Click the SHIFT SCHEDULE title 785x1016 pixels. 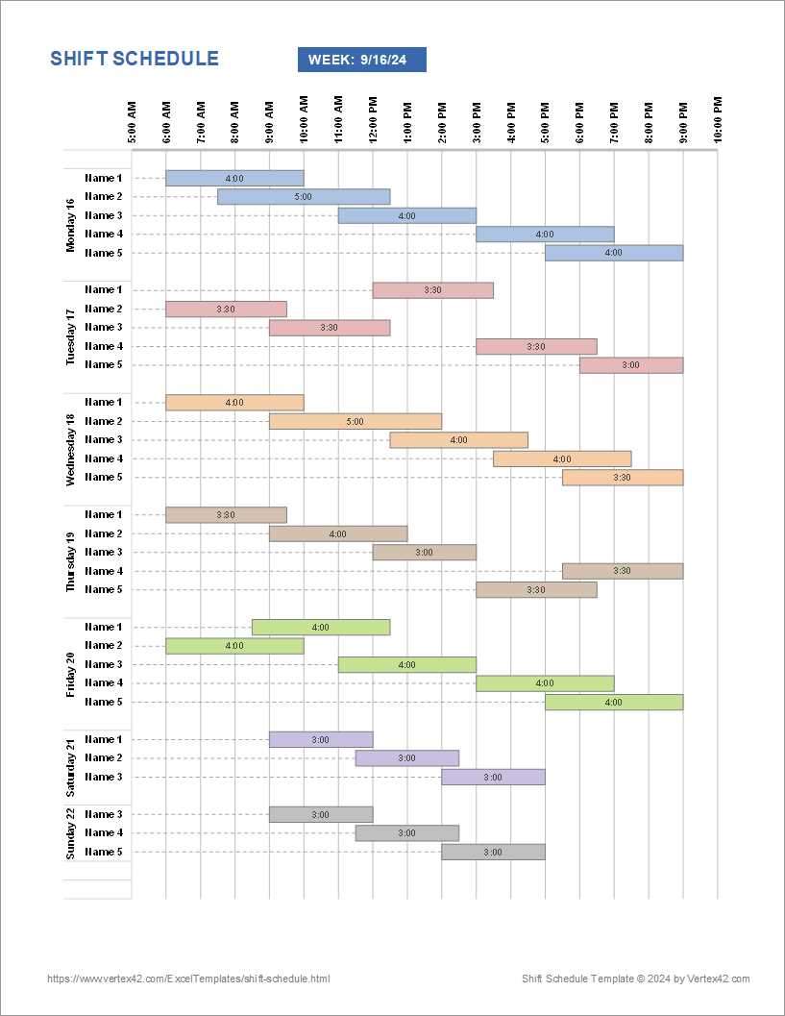coord(135,59)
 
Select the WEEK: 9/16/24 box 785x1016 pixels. coord(362,60)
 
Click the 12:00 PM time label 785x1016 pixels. coord(373,120)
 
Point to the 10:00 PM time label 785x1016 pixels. coord(718,120)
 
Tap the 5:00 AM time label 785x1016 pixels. coord(132,122)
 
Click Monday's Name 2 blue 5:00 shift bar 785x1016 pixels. coord(304,197)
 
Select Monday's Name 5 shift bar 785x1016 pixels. coord(614,253)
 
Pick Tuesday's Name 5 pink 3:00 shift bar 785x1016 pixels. coord(631,365)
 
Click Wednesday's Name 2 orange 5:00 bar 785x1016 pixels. coord(356,421)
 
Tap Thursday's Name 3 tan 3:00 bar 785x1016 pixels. coord(425,553)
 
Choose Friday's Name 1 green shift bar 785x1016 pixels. coord(321,628)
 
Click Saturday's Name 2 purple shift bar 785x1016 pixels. coord(407,758)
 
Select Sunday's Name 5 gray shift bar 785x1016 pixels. coord(493,853)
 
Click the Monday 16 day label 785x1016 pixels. coord(70,225)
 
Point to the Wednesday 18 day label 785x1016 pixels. coord(70,450)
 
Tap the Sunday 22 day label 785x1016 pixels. coord(70,832)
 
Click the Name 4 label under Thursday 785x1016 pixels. coord(104,571)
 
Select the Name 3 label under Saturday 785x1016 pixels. coord(104,777)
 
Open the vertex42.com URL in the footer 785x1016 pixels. coord(188,979)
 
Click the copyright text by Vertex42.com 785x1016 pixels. coord(635,979)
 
